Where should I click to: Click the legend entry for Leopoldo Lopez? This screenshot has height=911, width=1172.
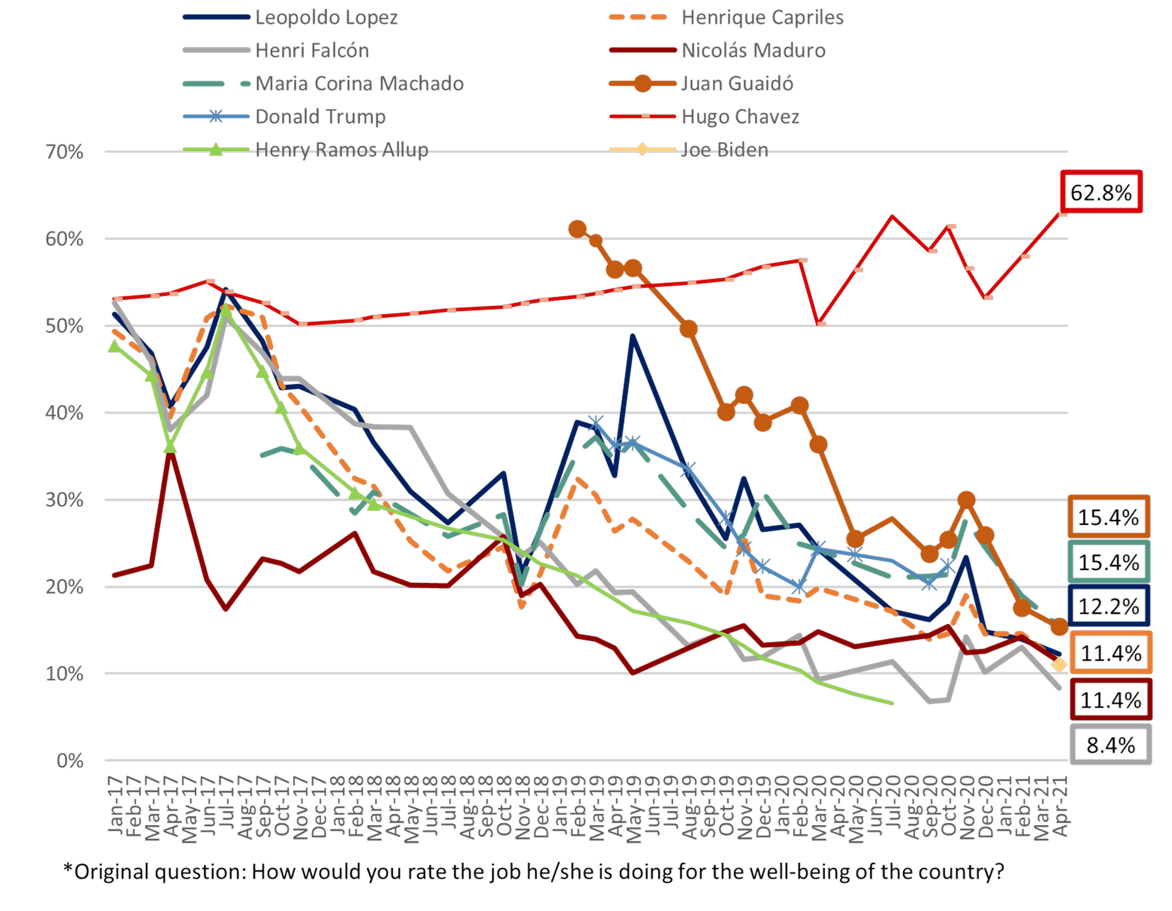click(x=326, y=17)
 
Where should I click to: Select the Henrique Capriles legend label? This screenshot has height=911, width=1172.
click(x=762, y=17)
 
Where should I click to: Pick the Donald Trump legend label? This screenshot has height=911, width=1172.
click(x=320, y=117)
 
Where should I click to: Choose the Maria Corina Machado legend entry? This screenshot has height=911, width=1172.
click(x=360, y=83)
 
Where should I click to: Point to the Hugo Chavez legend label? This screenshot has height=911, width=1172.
click(x=740, y=117)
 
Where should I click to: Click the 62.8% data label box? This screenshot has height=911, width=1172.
click(x=1101, y=192)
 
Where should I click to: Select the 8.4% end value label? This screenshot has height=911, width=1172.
click(x=1110, y=744)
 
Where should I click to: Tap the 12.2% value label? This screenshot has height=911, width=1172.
click(x=1108, y=607)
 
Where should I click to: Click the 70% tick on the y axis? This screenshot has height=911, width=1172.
click(x=64, y=152)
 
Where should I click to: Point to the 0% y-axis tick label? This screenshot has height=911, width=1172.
click(x=70, y=761)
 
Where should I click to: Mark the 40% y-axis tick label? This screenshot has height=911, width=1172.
click(x=64, y=413)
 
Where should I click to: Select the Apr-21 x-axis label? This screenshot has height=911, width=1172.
click(x=1060, y=806)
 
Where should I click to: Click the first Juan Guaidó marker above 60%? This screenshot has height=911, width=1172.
click(x=577, y=229)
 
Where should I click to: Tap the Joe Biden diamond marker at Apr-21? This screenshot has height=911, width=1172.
click(x=1059, y=664)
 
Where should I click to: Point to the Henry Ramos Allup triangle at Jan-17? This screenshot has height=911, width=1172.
click(x=114, y=346)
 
